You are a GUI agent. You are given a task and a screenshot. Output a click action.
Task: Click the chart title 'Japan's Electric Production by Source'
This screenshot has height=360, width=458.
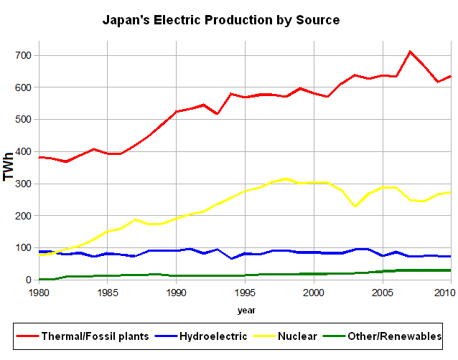coord(221,20)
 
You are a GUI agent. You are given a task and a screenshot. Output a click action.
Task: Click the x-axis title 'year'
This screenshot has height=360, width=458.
coord(246,311)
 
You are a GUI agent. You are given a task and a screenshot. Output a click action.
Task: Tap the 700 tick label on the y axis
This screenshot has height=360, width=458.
coord(23,55)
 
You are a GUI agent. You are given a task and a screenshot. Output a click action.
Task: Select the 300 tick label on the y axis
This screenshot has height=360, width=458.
coord(23,184)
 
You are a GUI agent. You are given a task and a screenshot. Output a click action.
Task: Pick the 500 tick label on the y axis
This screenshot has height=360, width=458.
coord(23,119)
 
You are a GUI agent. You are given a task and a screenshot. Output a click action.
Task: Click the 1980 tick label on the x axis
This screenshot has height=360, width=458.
coord(39,293)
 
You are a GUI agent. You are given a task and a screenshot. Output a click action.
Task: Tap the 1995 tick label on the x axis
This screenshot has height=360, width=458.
coord(245,293)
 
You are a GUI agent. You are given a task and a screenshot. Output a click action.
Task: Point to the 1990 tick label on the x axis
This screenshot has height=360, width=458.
coord(176,293)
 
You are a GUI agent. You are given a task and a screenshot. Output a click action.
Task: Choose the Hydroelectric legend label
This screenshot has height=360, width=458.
coord(212,336)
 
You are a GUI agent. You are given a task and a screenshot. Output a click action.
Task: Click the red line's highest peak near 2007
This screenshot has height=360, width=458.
coord(410,52)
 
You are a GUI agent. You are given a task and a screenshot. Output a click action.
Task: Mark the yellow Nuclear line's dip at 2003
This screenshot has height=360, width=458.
coord(355,207)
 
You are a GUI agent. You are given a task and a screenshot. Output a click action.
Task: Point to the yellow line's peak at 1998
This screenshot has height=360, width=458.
coord(286,179)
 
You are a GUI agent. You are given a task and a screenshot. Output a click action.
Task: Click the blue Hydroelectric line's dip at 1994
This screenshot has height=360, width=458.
coord(231,258)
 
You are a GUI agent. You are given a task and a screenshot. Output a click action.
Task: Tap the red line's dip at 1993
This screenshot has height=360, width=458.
coord(218,113)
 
